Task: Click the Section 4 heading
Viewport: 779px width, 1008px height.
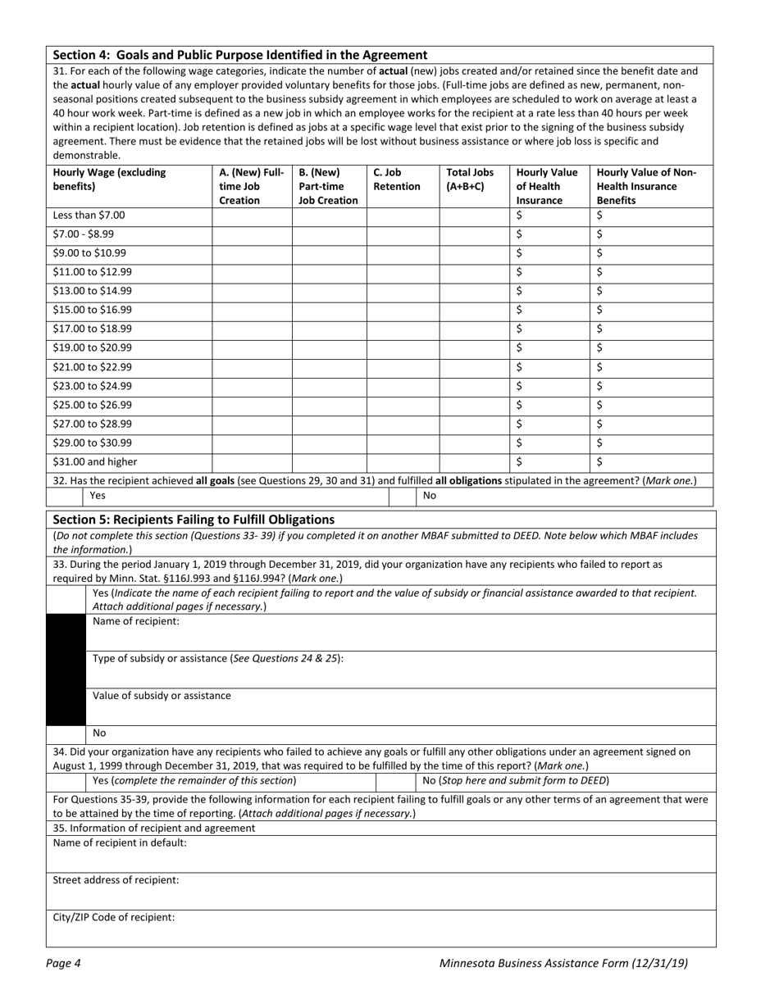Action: tap(239, 55)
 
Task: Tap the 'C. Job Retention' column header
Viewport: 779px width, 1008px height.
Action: tap(397, 179)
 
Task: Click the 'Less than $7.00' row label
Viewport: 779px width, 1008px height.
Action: tap(89, 216)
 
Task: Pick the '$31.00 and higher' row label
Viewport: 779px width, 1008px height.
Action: tap(95, 461)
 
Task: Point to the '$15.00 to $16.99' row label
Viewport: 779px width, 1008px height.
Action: tap(92, 310)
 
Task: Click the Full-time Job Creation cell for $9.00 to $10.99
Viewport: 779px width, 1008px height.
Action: tap(252, 253)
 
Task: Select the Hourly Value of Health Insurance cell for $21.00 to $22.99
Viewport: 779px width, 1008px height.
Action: tap(549, 367)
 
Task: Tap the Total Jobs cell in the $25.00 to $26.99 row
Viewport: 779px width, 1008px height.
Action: tap(473, 405)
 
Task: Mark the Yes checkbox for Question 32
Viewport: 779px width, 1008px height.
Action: tap(66, 496)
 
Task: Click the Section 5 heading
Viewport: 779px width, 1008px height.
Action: tap(194, 519)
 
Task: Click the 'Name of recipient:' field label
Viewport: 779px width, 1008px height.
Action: tap(135, 621)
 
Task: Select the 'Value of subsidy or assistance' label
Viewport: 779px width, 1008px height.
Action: tap(162, 696)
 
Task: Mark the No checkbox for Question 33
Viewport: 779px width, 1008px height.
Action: tap(66, 733)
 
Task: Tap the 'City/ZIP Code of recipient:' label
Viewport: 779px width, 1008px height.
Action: tap(114, 917)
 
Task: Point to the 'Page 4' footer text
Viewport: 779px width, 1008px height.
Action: tap(63, 964)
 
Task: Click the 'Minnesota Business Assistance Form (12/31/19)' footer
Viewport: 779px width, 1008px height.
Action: tap(563, 964)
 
